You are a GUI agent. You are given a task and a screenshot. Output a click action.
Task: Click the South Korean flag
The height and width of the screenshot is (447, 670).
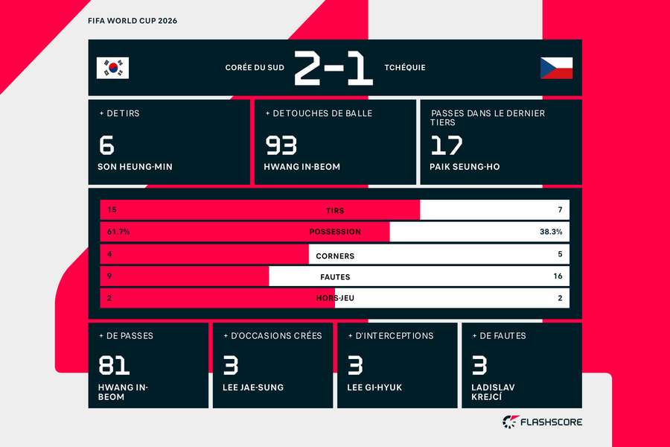[112, 68]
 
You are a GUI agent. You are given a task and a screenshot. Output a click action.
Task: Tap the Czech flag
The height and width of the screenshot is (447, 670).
[556, 68]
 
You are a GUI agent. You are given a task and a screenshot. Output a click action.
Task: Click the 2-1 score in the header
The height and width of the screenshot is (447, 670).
[334, 68]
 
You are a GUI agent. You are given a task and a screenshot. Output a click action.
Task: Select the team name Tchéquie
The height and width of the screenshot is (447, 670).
[405, 68]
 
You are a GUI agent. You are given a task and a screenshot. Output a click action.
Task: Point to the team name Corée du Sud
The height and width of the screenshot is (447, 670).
[255, 68]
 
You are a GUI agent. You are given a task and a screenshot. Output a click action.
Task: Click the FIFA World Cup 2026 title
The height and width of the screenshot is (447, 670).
[133, 21]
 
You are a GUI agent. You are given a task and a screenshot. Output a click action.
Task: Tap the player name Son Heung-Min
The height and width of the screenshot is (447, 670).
[135, 167]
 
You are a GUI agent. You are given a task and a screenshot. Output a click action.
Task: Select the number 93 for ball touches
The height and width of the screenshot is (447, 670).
[281, 145]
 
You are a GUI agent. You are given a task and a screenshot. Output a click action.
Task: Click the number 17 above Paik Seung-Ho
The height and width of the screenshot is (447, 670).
[447, 145]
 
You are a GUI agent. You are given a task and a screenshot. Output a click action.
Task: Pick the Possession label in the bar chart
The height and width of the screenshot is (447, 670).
[335, 232]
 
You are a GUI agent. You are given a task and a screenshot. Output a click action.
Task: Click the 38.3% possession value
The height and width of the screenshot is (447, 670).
[551, 232]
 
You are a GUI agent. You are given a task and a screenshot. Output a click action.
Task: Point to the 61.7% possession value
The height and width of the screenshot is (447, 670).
[118, 232]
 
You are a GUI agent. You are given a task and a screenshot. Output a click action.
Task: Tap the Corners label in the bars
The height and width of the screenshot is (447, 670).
[335, 256]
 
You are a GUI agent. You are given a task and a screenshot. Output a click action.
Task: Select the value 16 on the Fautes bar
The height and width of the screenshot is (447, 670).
[558, 276]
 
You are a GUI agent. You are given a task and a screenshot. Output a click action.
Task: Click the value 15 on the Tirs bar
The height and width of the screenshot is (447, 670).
[112, 209]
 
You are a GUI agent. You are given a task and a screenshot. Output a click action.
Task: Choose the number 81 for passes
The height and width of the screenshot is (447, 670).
[114, 365]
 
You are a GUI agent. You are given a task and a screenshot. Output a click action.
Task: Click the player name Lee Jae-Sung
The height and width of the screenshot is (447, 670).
[253, 387]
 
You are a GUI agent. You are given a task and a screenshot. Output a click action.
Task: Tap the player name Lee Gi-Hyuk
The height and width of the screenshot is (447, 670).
[374, 387]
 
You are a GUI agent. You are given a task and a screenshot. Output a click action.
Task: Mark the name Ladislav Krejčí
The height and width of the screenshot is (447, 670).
[493, 392]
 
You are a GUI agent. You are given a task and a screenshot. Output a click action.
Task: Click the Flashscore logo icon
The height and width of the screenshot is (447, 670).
[511, 422]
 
